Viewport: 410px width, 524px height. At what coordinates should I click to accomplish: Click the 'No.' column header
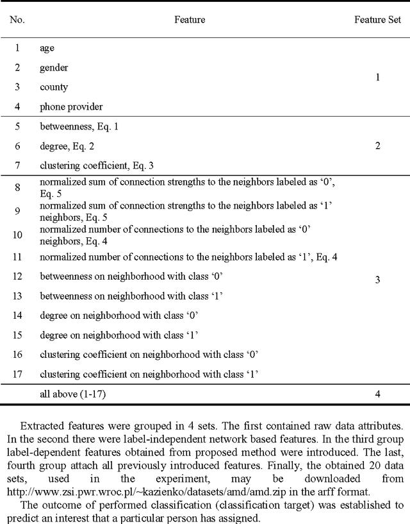point(17,20)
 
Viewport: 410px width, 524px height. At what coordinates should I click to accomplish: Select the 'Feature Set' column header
point(378,20)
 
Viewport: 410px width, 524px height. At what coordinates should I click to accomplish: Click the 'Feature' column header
point(190,20)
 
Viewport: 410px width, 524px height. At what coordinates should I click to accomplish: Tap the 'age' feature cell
point(47,48)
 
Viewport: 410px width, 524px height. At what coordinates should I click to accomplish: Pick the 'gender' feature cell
point(54,67)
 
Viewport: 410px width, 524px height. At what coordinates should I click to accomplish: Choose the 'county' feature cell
point(54,87)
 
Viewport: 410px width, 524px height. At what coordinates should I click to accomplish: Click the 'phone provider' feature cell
point(71,106)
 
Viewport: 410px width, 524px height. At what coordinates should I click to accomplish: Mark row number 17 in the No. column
point(17,373)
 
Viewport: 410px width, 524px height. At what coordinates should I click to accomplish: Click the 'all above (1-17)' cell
point(73,394)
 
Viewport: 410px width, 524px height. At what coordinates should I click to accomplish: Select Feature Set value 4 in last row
point(378,394)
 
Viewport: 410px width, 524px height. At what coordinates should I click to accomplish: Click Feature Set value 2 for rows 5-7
point(378,146)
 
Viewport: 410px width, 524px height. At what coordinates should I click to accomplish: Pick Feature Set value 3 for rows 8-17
point(378,280)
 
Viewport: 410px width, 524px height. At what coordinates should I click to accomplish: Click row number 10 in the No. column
point(17,235)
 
